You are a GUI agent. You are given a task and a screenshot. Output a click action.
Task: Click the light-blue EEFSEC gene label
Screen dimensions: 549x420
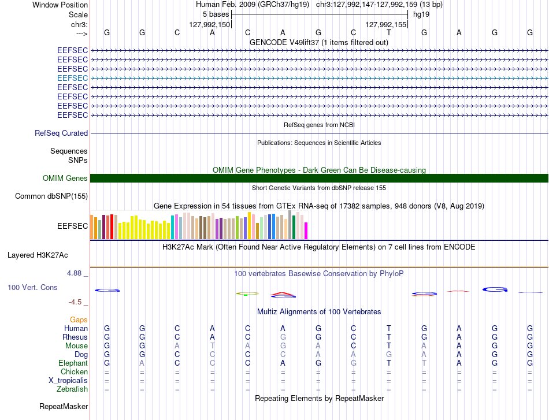[72, 78]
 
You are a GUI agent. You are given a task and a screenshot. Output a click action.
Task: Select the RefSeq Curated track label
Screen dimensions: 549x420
[61, 133]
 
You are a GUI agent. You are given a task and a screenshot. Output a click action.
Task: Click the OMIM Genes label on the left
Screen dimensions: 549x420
[65, 178]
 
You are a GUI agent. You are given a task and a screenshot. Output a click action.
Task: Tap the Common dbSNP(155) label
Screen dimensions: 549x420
[51, 196]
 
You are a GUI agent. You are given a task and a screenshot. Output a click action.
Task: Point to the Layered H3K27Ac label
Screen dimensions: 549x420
[38, 255]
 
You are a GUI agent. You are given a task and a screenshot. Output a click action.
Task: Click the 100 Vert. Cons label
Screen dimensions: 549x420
[32, 287]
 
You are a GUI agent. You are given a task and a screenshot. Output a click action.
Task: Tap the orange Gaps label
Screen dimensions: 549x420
[79, 319]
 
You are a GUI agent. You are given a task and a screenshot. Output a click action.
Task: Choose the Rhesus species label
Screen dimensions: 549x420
[75, 337]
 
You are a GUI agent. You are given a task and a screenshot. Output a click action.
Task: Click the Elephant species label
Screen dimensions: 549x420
[73, 363]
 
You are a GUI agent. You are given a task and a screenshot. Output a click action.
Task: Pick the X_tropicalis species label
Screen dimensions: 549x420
[68, 381]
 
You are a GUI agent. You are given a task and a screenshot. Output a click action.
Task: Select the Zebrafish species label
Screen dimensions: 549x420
[72, 389]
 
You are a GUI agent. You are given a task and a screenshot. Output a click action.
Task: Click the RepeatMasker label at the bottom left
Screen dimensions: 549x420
[64, 406]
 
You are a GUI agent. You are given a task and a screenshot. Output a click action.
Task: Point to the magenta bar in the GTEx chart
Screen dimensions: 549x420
[306, 231]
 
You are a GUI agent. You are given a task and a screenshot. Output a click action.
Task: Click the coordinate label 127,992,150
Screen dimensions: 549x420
[209, 24]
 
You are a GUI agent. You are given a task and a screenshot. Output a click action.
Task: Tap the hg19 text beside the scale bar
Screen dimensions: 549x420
[421, 14]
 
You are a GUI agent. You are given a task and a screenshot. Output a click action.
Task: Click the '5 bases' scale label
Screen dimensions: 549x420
[216, 14]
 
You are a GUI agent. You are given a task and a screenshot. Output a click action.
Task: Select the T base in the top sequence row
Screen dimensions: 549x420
[389, 32]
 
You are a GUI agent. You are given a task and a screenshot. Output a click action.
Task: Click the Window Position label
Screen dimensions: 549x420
[60, 5]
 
